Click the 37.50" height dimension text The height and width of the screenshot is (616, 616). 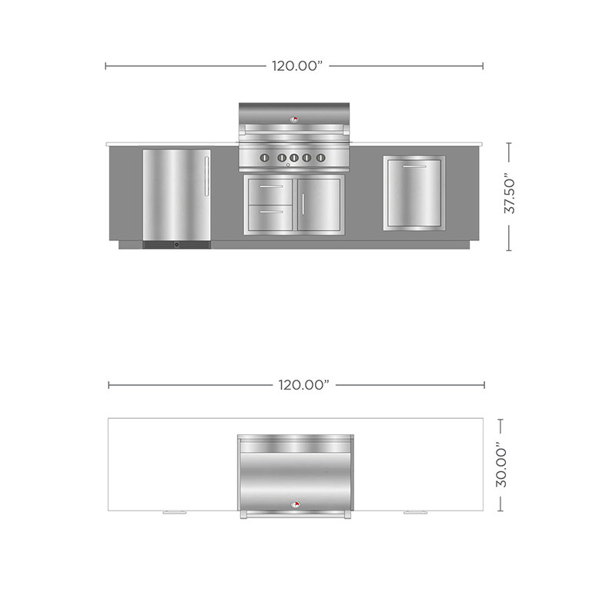pos(509,196)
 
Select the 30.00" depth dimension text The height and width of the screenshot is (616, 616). pos(501,464)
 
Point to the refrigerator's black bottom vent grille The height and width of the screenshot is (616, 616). pos(176,245)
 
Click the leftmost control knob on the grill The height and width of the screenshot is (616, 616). pos(263,158)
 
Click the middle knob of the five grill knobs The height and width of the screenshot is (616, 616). pos(291,158)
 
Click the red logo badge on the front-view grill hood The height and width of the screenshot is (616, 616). pos(293,119)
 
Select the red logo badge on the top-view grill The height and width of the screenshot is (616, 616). pos(296,504)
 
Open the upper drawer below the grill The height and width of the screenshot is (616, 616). pos(269,187)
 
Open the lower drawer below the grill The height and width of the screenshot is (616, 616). pos(269,210)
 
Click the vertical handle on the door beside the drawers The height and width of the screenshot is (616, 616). pos(303,205)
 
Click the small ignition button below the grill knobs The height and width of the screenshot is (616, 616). pos(287,166)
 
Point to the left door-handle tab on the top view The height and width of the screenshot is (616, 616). pos(175,512)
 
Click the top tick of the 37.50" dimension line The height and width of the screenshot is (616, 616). pos(509,141)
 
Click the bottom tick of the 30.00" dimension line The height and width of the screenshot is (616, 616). pos(501,511)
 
